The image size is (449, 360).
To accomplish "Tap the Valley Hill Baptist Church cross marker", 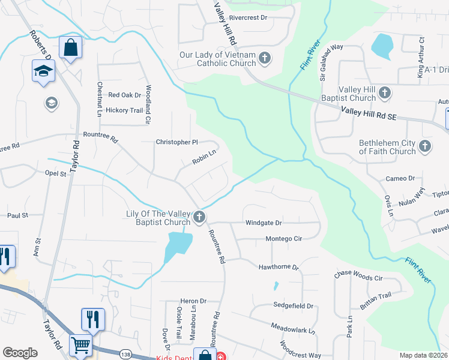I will tap(385, 93).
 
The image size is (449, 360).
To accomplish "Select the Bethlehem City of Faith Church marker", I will tap(425, 146).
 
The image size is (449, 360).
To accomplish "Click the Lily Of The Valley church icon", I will tap(199, 217).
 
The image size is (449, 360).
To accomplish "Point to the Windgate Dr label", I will tap(264, 223).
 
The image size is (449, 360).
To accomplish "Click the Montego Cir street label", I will tap(283, 239).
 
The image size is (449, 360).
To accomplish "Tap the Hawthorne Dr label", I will tap(279, 267).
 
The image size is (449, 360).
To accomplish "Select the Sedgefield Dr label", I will tap(293, 306).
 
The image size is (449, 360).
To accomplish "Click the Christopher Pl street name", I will tap(176, 142).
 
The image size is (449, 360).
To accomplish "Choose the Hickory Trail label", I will tap(124, 110).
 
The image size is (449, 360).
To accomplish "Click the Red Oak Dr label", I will tap(124, 95).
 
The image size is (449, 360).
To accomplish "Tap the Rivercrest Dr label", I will tap(248, 18).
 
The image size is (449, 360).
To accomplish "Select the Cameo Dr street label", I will tap(400, 178).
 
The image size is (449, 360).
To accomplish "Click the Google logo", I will tap(20, 353).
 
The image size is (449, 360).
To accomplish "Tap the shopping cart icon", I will tap(80, 345).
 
